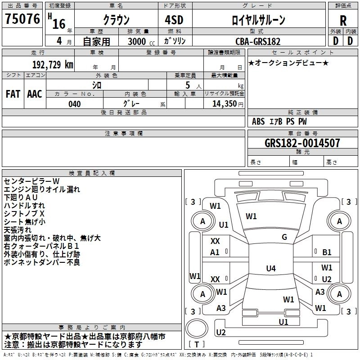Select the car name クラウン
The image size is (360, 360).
pos(116,20)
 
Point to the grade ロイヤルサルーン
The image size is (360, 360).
pos(258,20)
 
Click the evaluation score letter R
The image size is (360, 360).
pos(343,21)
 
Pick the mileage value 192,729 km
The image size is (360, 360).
pos(53,64)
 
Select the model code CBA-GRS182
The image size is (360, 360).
pos(258,41)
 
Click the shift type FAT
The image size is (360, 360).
pos(13,94)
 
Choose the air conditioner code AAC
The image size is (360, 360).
pos(35,94)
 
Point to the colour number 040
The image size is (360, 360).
pos(75,104)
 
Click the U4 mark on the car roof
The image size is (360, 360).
pos(270,269)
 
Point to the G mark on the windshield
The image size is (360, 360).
pos(284,237)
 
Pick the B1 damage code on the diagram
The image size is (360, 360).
pos(327,252)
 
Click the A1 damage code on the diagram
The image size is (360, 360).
pos(215,252)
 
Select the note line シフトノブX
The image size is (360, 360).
pos(24,213)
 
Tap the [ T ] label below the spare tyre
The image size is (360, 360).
pos(197,345)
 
